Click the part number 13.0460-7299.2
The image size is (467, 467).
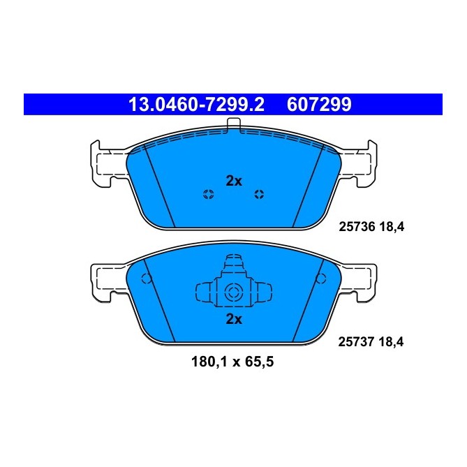196,105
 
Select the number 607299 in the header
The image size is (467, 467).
319,105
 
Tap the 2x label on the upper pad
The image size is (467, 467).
234,181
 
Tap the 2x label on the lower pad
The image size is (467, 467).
234,320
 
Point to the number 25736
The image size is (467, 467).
357,226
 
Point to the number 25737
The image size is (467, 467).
357,342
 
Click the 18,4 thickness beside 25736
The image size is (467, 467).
392,226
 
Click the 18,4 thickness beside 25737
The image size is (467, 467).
392,342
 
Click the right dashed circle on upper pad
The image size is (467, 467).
259,194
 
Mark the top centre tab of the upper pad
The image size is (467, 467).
234,125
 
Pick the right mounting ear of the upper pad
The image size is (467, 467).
360,163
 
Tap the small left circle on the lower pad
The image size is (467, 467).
146,279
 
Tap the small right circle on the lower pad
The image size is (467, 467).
321,279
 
